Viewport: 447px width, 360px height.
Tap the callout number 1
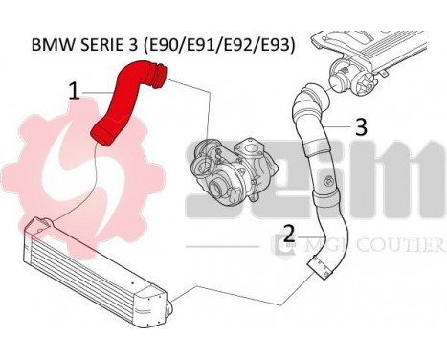click(73, 92)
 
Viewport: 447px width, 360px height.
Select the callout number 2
click(288, 232)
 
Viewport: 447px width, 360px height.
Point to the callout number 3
click(361, 125)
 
